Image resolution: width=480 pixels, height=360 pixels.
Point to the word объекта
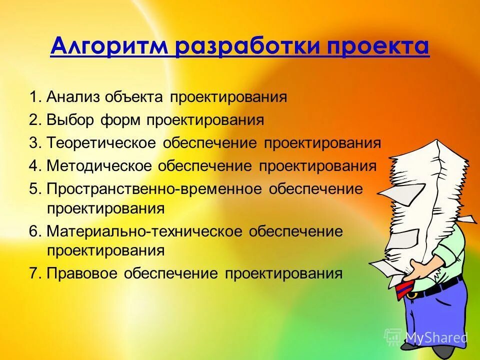pos(134,97)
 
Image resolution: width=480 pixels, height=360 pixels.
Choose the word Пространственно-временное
pos(154,189)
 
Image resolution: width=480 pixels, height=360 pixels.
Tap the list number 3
pos(33,143)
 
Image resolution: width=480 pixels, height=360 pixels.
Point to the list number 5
pos(33,189)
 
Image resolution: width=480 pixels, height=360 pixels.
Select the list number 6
pos(33,231)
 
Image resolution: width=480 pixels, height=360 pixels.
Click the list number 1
pos(33,97)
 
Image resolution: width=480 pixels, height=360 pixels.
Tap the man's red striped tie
pos(406,289)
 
